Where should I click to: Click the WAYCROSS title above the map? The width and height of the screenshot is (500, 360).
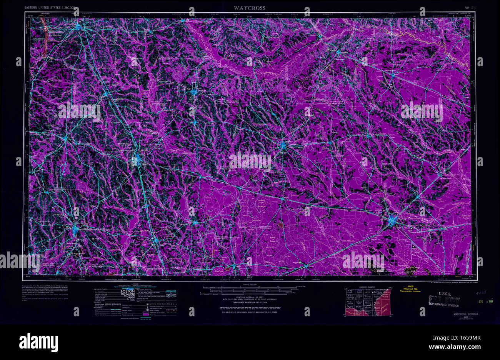pyautogui.click(x=250, y=8)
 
